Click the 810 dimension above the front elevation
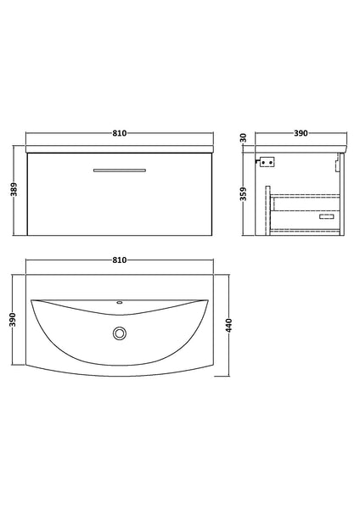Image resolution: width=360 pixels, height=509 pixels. pos(119,134)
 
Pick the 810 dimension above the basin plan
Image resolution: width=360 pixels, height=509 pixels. pos(119,260)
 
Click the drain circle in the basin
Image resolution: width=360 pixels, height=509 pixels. pos(119,333)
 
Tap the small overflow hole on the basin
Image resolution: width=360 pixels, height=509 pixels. pos(119,304)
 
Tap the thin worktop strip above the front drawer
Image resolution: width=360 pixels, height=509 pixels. pos(119,149)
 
